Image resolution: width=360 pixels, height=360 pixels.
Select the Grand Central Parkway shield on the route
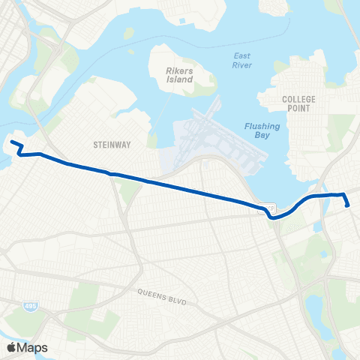coord(268,208)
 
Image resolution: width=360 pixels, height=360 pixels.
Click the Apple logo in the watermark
coord(11,347)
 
